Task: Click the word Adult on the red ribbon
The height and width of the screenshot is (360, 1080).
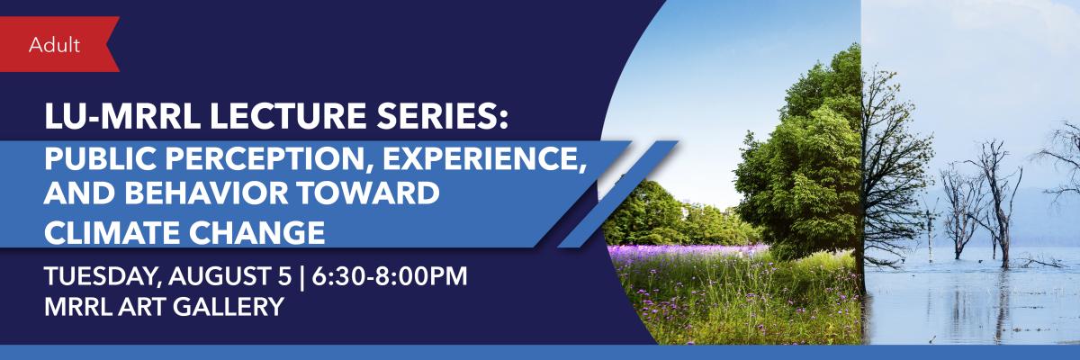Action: click(x=54, y=45)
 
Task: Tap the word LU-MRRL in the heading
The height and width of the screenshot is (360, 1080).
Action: click(x=122, y=117)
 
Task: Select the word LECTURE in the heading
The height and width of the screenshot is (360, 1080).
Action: click(x=288, y=117)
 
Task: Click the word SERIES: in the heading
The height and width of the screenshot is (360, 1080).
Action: click(x=442, y=117)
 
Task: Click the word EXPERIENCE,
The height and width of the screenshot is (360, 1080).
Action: click(x=484, y=159)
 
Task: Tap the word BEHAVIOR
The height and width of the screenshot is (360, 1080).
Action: click(x=206, y=193)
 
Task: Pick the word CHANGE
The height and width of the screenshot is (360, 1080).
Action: click(x=256, y=232)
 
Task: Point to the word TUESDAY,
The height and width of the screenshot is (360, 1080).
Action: click(x=103, y=276)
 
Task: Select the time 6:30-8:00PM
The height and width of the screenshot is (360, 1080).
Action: click(x=390, y=276)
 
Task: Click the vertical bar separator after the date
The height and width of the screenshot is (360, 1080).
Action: click(x=301, y=276)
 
